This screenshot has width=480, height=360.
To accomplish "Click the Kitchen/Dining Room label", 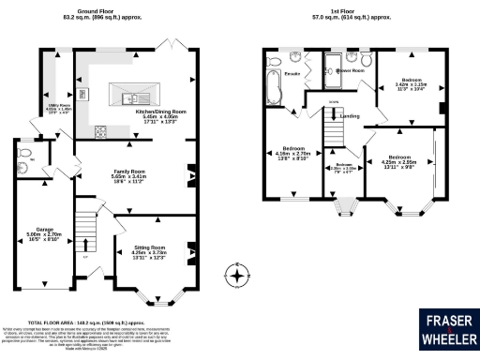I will [161, 115].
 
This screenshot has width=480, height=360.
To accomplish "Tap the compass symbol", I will [239, 276].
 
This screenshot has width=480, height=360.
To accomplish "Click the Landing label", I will [352, 116].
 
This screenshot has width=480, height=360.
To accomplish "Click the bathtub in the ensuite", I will [272, 90].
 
